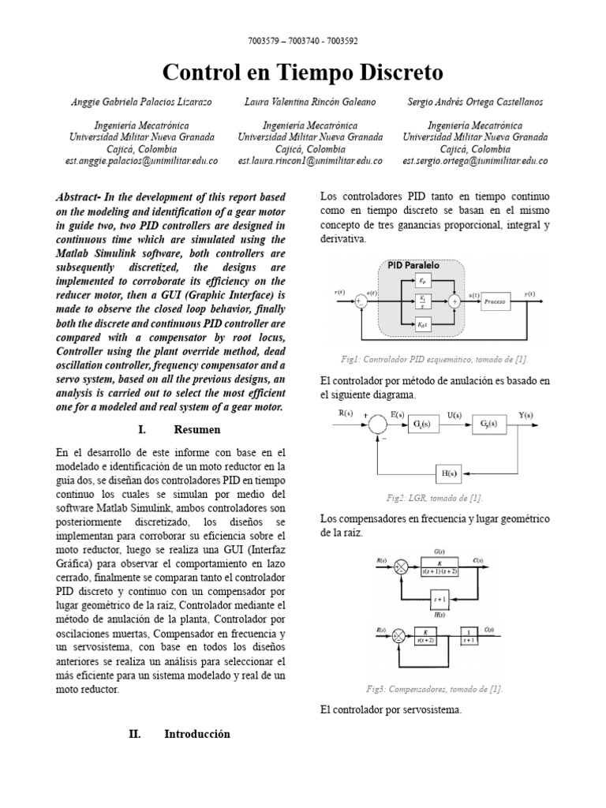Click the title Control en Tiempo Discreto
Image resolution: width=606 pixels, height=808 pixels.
click(x=302, y=73)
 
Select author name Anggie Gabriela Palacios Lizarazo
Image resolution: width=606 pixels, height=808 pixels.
click(x=140, y=102)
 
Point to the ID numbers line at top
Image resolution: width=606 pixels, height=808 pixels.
click(x=302, y=42)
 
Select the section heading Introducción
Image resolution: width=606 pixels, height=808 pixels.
click(x=196, y=734)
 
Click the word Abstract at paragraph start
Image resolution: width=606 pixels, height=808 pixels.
click(x=84, y=196)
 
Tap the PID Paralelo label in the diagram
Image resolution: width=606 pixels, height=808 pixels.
click(x=414, y=265)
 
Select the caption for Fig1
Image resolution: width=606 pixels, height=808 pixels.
click(x=435, y=359)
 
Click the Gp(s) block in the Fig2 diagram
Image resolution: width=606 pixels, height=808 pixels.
click(x=489, y=425)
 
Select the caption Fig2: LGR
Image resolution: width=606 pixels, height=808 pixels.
click(x=435, y=498)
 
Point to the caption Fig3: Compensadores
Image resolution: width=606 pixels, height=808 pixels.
click(x=435, y=688)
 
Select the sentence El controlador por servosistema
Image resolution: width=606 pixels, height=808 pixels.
click(x=391, y=709)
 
